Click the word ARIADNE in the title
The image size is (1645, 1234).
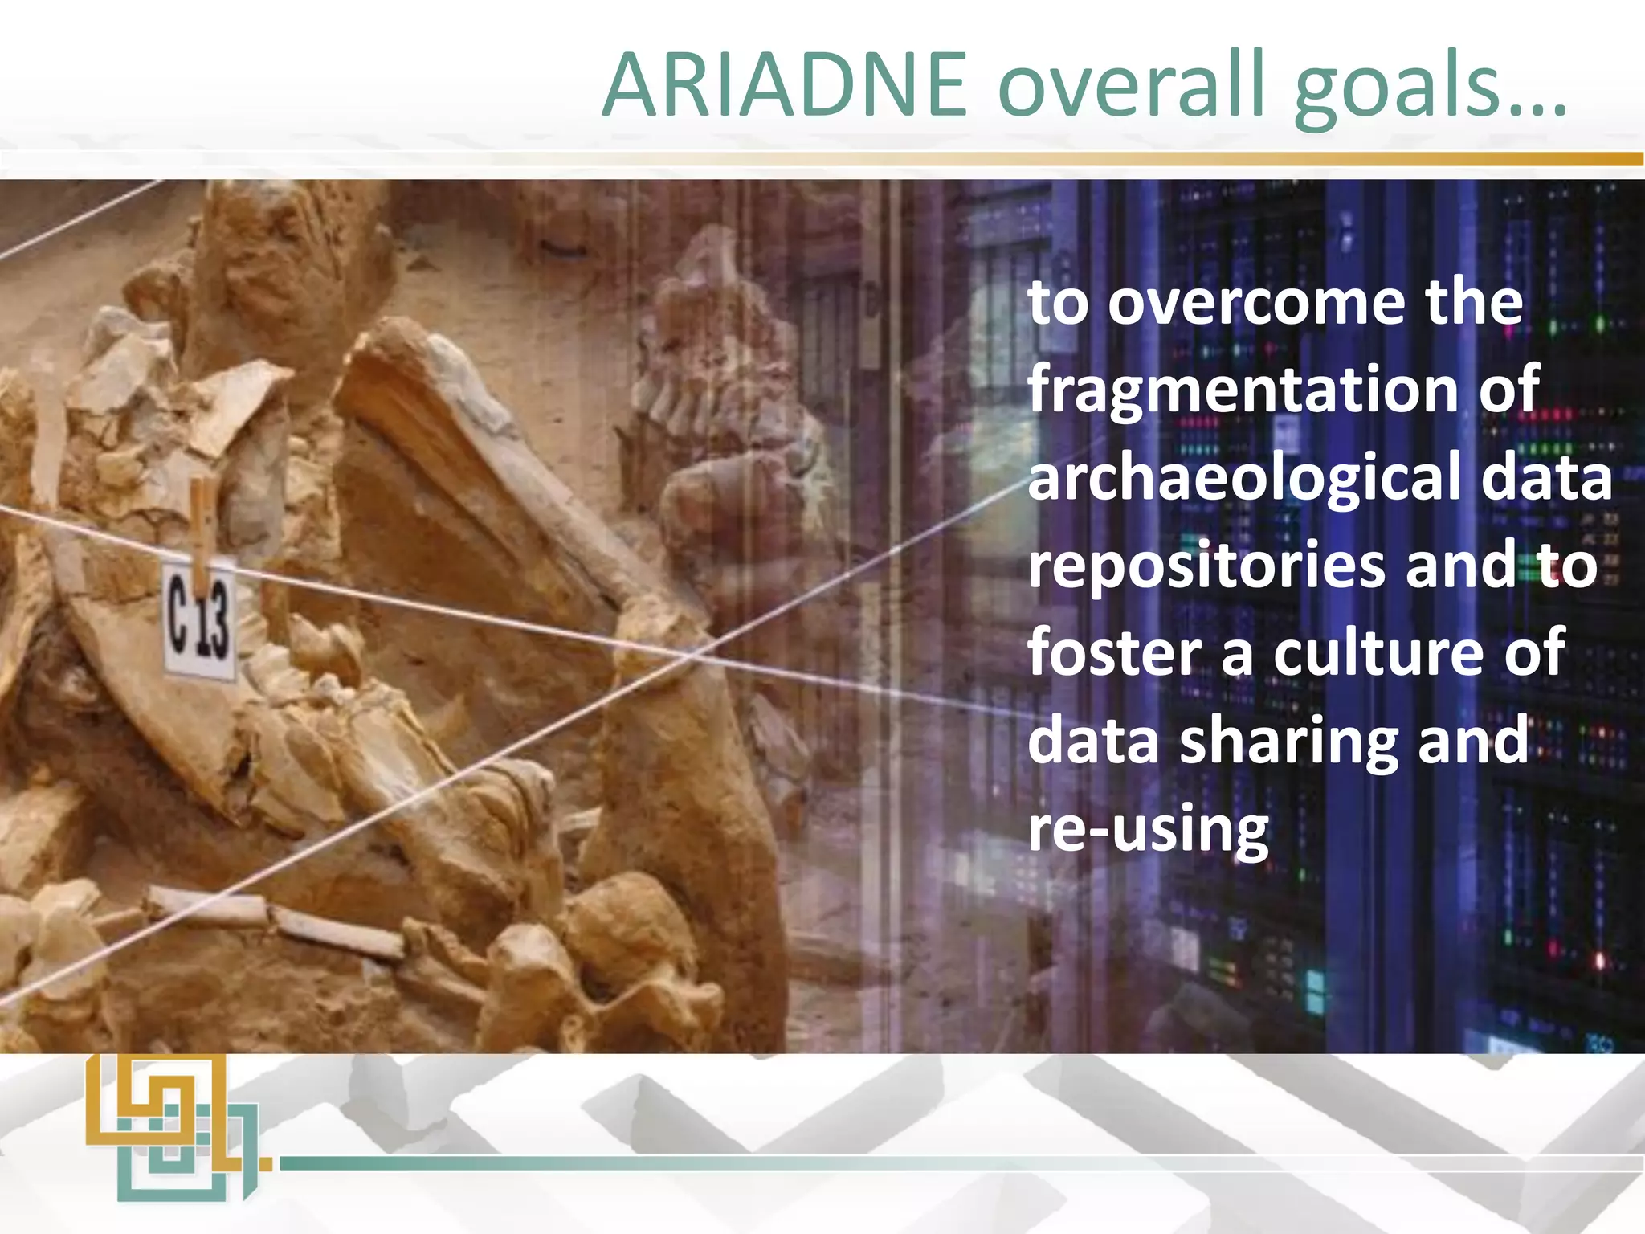(785, 86)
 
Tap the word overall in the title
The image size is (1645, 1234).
(1132, 86)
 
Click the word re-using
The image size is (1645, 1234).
(1149, 829)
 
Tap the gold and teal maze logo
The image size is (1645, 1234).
(173, 1129)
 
